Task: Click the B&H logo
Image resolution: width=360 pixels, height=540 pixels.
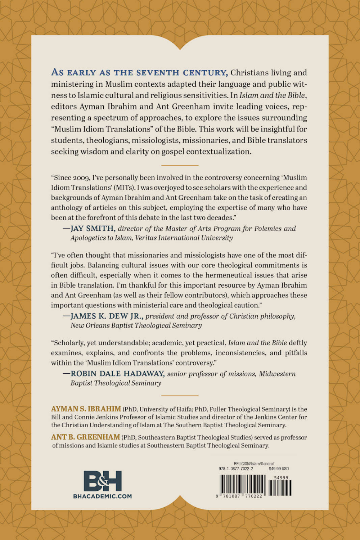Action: (103, 481)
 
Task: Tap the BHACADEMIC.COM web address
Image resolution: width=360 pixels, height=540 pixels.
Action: (103, 496)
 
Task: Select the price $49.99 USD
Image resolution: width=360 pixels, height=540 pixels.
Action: (279, 469)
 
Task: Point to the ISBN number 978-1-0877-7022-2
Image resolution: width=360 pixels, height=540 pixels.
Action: (236, 469)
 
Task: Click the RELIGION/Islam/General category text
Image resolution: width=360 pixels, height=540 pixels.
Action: (253, 464)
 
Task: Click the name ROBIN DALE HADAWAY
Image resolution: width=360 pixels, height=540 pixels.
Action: (117, 374)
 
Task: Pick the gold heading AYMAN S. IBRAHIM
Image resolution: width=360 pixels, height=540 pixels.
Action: (86, 409)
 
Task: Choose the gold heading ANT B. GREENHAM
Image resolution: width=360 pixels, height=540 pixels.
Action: (86, 437)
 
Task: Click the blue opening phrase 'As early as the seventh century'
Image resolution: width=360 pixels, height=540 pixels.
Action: (139, 72)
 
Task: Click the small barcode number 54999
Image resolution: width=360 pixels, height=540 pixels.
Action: (281, 477)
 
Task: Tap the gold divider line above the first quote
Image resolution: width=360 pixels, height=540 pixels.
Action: (180, 165)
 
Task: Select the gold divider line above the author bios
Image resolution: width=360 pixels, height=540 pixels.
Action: (180, 395)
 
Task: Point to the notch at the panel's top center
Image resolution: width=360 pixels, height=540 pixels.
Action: (180, 47)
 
